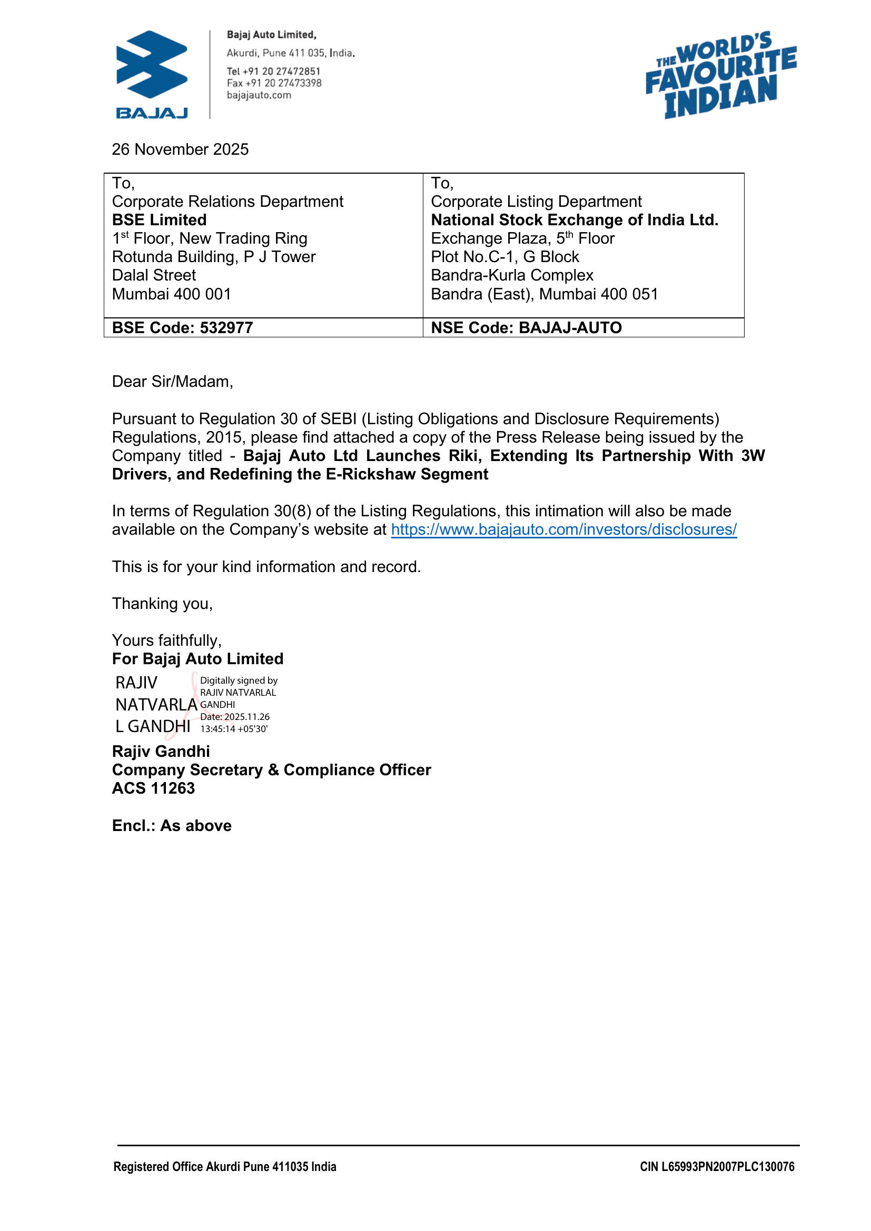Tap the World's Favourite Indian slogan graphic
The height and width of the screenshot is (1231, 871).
point(721,75)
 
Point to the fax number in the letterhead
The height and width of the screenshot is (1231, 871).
point(274,83)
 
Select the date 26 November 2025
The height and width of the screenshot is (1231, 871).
point(180,149)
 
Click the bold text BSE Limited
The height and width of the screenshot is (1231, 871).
point(159,220)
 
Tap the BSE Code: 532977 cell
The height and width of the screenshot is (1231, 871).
point(182,327)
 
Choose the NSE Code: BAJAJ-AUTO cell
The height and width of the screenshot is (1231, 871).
point(526,327)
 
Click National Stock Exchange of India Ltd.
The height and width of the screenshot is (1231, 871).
point(575,220)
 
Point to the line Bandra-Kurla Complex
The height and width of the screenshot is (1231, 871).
point(512,275)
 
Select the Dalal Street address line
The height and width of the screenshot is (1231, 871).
point(154,275)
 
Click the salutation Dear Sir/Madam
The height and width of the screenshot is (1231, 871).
point(172,381)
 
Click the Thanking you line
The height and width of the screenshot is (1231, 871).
point(163,604)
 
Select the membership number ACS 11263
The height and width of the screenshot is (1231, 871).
point(153,788)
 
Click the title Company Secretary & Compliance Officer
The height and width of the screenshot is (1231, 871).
point(271,770)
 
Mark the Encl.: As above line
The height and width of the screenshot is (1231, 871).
point(172,826)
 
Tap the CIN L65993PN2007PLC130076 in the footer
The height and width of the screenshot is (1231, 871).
point(717,1167)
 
